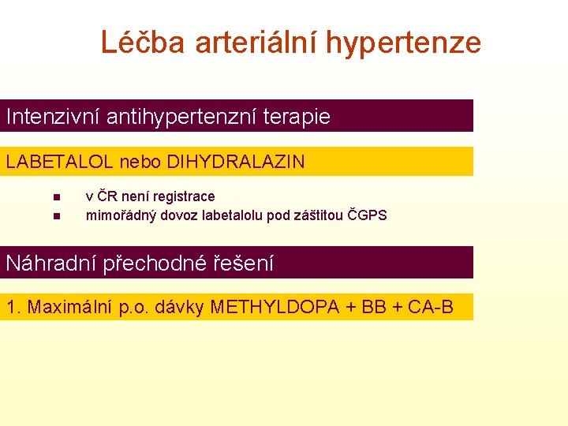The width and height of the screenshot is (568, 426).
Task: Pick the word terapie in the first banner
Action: point(299,118)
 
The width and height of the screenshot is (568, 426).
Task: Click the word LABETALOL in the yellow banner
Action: point(60,163)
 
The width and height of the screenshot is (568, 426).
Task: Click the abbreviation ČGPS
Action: point(368,215)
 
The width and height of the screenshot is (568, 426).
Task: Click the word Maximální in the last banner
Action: point(74,307)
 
